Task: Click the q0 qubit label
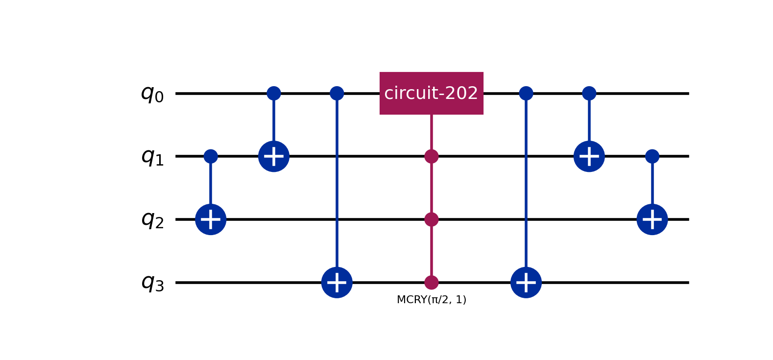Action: tap(152, 94)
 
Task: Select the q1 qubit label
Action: tap(152, 157)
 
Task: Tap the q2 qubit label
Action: tap(152, 220)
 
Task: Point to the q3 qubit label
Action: tap(152, 283)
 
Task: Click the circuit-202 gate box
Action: tap(432, 93)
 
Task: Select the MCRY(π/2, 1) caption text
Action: tap(432, 300)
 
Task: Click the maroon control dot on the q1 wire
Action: tap(432, 156)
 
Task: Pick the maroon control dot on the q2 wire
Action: tap(432, 219)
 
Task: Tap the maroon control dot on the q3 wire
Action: tap(432, 282)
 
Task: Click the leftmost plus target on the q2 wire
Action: tap(211, 219)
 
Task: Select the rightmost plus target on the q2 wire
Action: tap(652, 219)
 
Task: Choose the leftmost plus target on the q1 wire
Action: tap(274, 156)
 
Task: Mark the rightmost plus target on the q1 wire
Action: tap(589, 156)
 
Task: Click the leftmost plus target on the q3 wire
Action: tap(337, 282)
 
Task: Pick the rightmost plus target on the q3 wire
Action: tap(526, 282)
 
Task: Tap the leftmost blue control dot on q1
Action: tap(211, 156)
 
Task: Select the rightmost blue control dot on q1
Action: tap(652, 156)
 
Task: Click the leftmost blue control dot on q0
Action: tap(274, 93)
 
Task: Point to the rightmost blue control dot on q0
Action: tap(589, 93)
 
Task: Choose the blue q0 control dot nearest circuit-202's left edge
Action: tap(337, 93)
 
